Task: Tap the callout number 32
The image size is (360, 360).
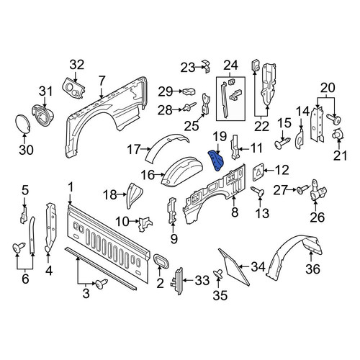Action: [x=77, y=65]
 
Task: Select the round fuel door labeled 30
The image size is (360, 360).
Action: [x=22, y=124]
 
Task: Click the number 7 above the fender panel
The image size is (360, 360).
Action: [x=102, y=81]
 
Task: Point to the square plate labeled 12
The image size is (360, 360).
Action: [x=258, y=171]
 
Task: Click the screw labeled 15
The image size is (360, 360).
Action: [x=282, y=143]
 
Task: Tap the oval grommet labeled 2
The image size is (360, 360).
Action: [x=161, y=261]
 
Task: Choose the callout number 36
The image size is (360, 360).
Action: [x=313, y=269]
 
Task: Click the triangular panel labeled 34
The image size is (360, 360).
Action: [x=233, y=267]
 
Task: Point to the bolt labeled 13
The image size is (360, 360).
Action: [x=258, y=192]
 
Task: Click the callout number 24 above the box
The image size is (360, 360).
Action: [x=231, y=66]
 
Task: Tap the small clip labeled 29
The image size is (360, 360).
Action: [x=189, y=91]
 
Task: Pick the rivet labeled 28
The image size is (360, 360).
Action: [x=189, y=107]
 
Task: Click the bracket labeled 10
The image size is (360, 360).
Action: [x=145, y=224]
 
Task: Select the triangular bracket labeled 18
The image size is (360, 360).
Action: [x=134, y=195]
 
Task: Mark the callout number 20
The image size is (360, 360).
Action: [x=328, y=88]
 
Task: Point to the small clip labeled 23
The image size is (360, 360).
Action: [x=207, y=66]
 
